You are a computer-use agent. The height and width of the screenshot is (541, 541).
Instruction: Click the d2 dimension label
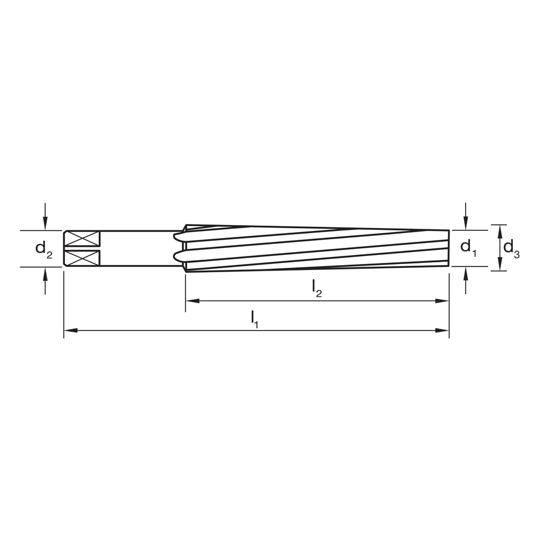tap(43, 249)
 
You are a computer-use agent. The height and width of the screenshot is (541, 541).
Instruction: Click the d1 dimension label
tap(468, 248)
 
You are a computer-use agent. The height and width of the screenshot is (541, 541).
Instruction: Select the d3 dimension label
tap(511, 248)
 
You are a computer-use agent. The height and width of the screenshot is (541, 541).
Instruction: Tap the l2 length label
tap(317, 289)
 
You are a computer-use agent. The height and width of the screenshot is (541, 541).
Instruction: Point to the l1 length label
tap(255, 319)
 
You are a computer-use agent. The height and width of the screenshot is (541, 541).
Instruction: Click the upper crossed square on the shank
tap(82, 239)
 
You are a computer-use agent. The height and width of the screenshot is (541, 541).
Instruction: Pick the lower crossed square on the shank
tap(82, 258)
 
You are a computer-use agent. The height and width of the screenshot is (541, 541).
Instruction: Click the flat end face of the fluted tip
tap(448, 248)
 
